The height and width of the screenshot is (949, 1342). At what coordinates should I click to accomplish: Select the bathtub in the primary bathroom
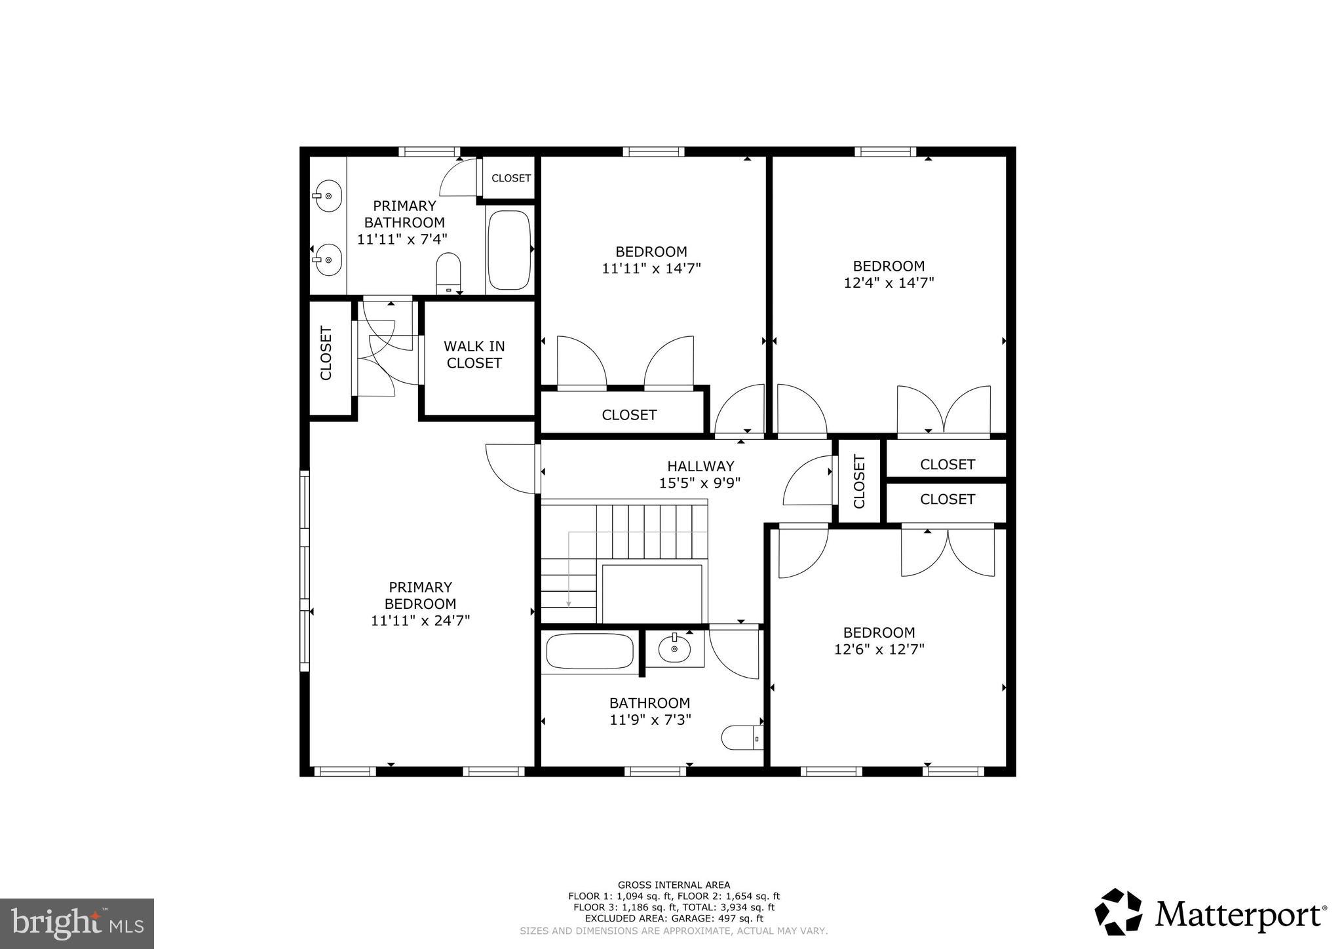[x=509, y=250]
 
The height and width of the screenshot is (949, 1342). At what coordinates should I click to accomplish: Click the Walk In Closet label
[x=474, y=355]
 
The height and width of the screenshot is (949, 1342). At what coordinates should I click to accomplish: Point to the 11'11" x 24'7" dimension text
[x=420, y=621]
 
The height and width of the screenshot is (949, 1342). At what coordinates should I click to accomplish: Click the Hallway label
[x=700, y=466]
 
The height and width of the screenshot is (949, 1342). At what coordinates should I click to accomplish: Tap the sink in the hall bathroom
[x=674, y=649]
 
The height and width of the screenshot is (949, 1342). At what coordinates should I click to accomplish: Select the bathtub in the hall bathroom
[x=589, y=651]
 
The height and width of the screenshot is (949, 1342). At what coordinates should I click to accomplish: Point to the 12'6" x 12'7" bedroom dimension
[x=879, y=649]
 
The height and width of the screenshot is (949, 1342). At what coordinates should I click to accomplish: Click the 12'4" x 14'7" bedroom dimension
[x=889, y=283]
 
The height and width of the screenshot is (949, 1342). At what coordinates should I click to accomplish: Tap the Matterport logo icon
[x=1118, y=912]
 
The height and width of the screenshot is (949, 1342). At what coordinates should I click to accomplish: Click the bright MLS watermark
[x=77, y=923]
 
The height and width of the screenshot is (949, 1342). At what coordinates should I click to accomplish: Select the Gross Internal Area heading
[x=674, y=885]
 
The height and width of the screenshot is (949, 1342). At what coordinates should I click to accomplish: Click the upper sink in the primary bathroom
[x=328, y=195]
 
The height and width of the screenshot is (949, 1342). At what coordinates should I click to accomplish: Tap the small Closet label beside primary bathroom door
[x=511, y=178]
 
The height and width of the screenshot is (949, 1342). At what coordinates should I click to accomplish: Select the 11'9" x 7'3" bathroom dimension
[x=649, y=720]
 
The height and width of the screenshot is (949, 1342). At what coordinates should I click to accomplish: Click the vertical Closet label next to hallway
[x=859, y=481]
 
